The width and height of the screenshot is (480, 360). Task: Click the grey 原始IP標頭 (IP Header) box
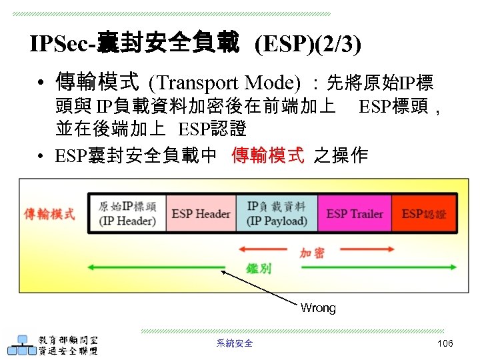(127, 213)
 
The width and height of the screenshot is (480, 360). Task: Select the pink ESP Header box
(201, 213)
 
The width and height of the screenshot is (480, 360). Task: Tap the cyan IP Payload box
(277, 213)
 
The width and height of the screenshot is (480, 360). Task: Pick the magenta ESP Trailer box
(354, 213)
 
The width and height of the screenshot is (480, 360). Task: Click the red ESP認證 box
(424, 213)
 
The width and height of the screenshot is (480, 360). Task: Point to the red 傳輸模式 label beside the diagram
(50, 214)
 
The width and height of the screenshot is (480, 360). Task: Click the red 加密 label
(312, 253)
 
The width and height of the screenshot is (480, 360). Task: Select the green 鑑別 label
(259, 268)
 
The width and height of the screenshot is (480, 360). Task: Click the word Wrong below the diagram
(318, 308)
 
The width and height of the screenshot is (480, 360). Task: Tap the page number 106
(445, 343)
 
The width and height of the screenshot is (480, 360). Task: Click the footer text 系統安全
(235, 343)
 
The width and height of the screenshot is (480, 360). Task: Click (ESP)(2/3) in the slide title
(308, 44)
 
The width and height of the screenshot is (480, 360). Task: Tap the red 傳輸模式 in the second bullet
(267, 156)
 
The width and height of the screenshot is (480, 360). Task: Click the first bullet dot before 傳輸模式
(41, 84)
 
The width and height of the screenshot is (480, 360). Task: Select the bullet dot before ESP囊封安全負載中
(41, 157)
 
